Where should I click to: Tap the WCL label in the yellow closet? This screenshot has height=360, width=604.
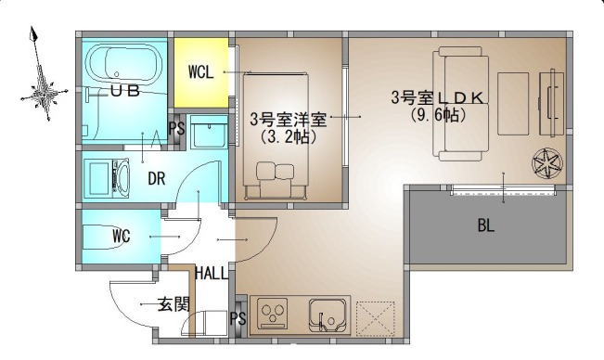pyautogui.click(x=200, y=72)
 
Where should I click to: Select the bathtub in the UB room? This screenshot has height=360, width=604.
pyautogui.click(x=123, y=64)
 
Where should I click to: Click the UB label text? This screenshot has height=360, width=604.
pyautogui.click(x=125, y=91)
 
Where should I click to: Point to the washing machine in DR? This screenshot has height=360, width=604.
pyautogui.click(x=107, y=178)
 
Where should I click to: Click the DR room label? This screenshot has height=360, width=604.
pyautogui.click(x=157, y=179)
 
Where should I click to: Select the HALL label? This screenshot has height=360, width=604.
pyautogui.click(x=212, y=273)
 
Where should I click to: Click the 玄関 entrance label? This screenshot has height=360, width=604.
pyautogui.click(x=173, y=304)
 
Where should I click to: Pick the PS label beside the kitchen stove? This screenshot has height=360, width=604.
pyautogui.click(x=238, y=318)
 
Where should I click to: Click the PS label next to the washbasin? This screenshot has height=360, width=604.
pyautogui.click(x=176, y=129)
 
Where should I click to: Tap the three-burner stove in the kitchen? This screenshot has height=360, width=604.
pyautogui.click(x=274, y=313)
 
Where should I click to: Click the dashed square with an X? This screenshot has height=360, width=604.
pyautogui.click(x=375, y=318)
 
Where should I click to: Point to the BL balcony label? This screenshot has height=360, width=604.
pyautogui.click(x=486, y=225)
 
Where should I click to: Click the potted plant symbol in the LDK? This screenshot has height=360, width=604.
pyautogui.click(x=547, y=163)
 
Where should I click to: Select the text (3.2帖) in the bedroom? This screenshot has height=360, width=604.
pyautogui.click(x=288, y=136)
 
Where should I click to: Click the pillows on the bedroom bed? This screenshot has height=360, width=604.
pyautogui.click(x=275, y=171)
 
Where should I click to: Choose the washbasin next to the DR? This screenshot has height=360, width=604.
pyautogui.click(x=209, y=132)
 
